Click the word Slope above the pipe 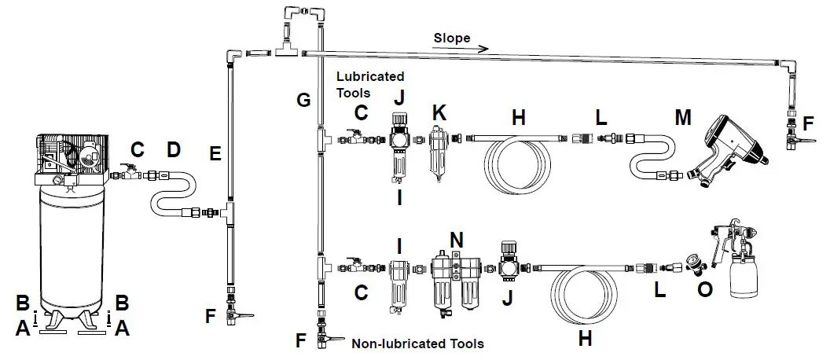tap(451, 38)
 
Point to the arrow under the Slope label tap(461, 49)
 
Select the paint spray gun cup tap(747, 278)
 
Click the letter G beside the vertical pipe tap(303, 100)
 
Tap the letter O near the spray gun tap(705, 289)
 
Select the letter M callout tap(683, 118)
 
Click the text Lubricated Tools tap(369, 84)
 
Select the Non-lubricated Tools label tap(417, 343)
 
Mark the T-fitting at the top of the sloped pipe tap(288, 52)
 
